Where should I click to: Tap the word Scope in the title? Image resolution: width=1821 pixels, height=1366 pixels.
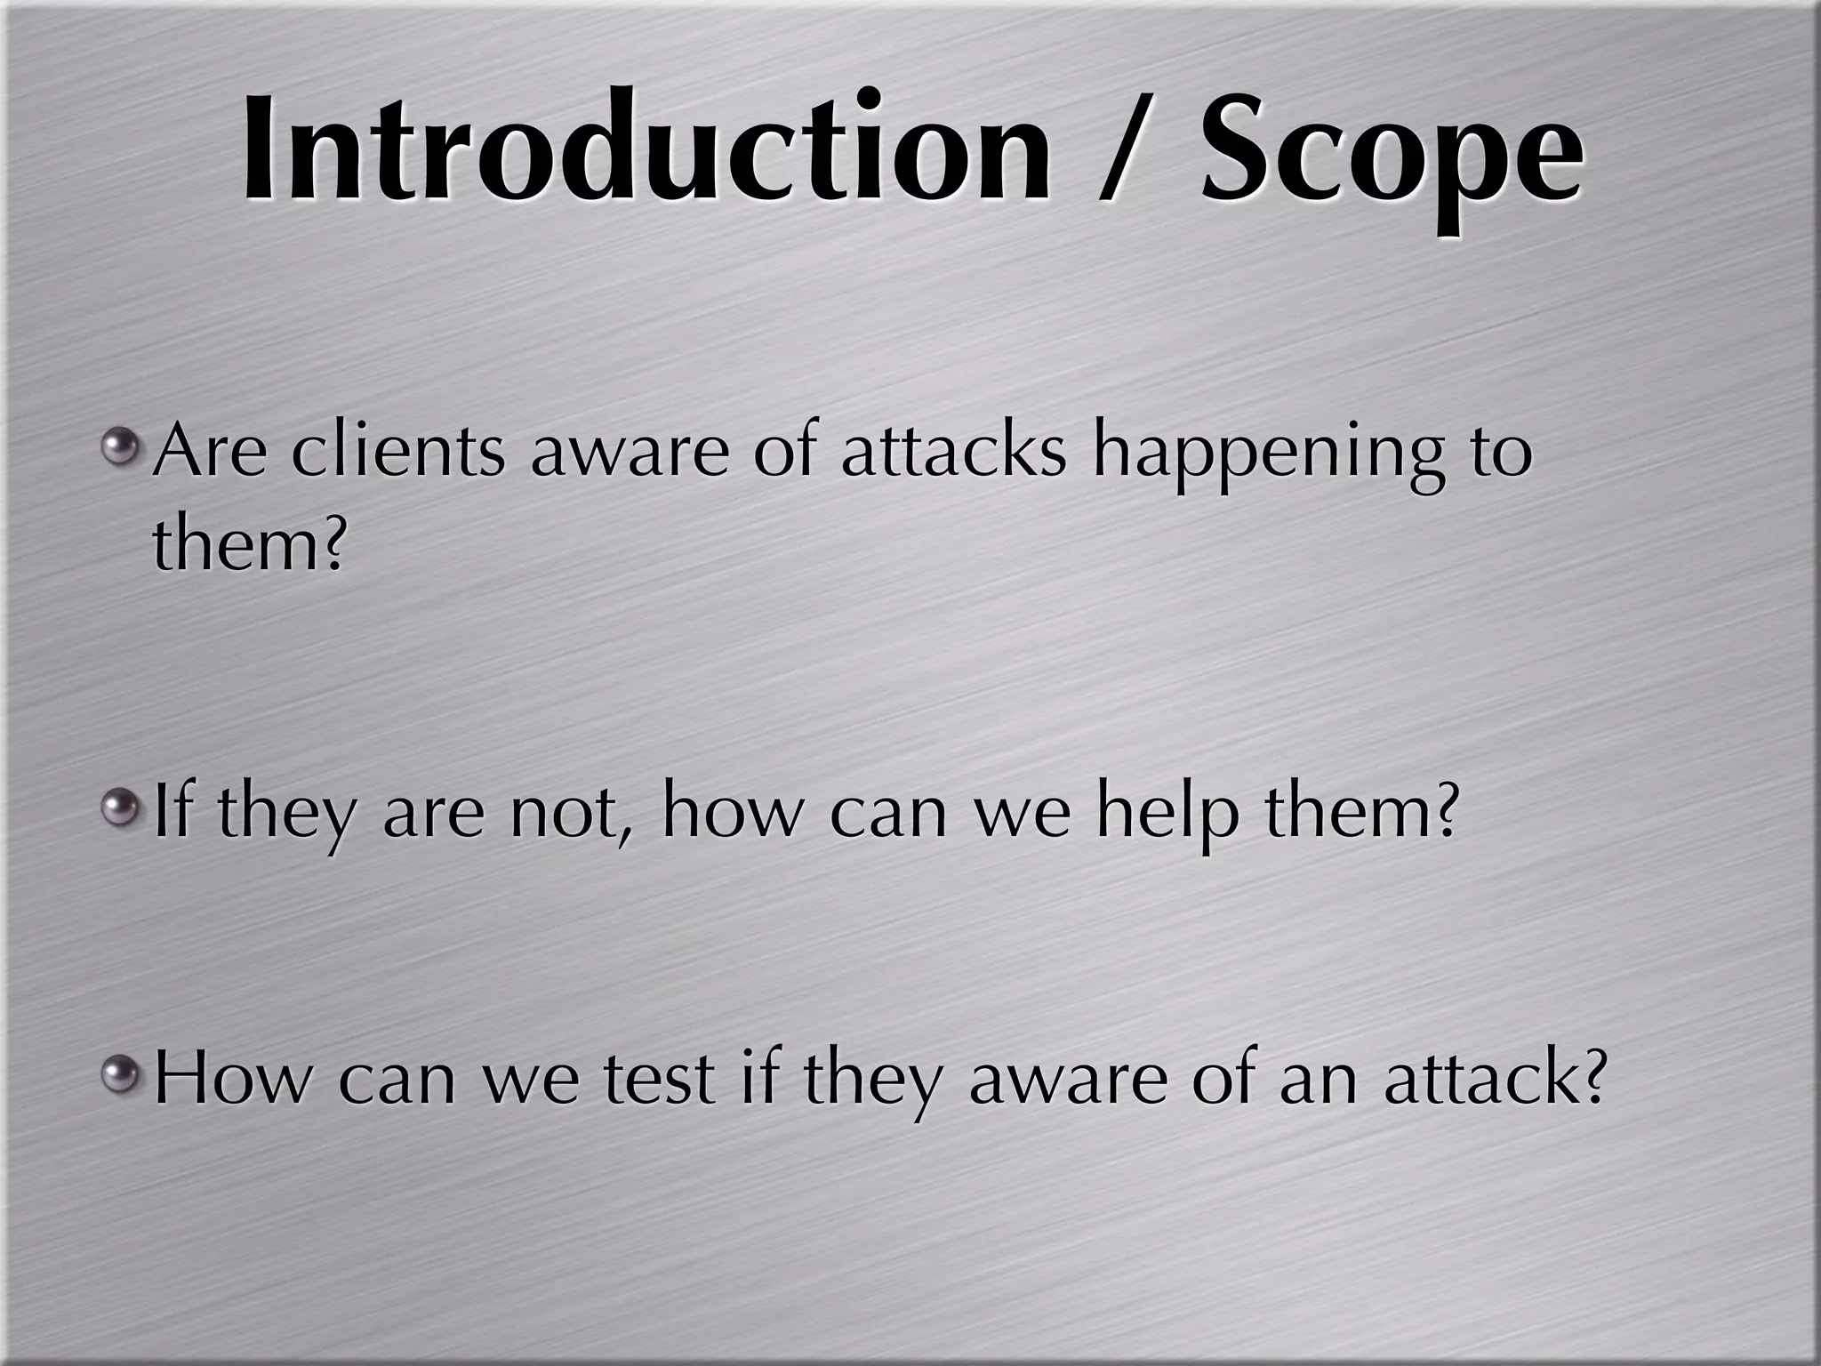click(1391, 151)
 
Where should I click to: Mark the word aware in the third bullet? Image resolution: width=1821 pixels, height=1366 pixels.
click(1068, 1081)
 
